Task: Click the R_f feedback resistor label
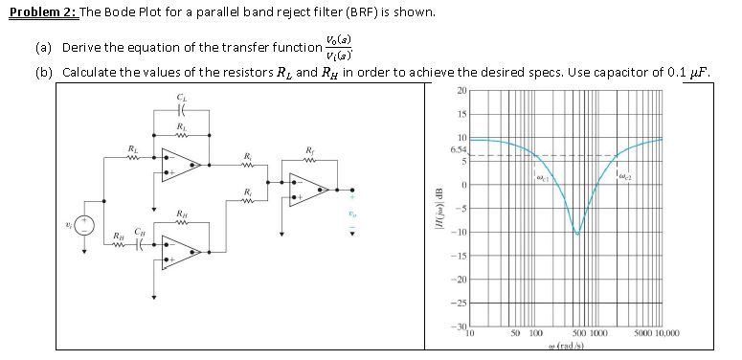coord(307,148)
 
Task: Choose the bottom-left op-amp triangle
coord(179,251)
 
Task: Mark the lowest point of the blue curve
coord(576,233)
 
